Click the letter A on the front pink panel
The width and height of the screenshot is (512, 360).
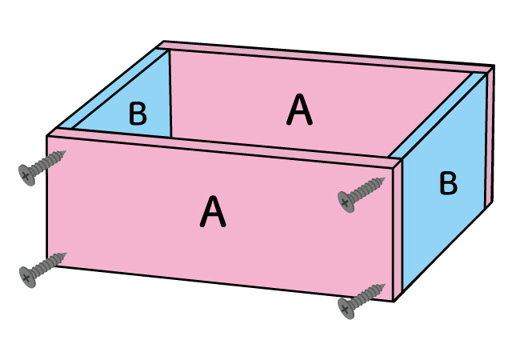(212, 212)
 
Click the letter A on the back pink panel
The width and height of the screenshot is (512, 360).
(299, 110)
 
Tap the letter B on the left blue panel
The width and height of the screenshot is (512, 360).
(138, 114)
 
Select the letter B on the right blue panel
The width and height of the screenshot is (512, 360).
(448, 184)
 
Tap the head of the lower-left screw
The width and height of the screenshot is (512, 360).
(28, 276)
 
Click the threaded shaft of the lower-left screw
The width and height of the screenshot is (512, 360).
(50, 264)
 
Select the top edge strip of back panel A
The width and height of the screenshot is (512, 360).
(320, 58)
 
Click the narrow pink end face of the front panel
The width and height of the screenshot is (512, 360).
(397, 232)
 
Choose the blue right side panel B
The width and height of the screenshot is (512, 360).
(444, 216)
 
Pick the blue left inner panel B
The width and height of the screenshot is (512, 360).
(152, 96)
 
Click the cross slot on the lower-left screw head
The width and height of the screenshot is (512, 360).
(28, 276)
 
